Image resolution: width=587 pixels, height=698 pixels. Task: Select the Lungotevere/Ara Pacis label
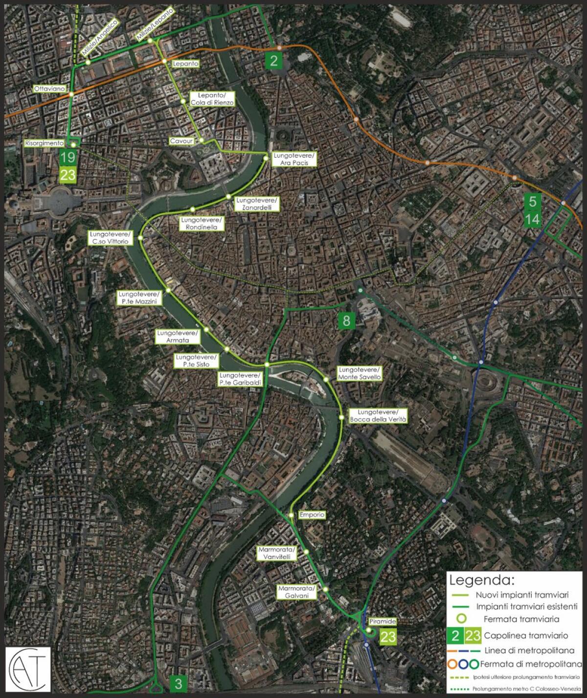[x=294, y=159]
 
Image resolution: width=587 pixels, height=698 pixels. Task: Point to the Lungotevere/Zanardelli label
[x=257, y=204]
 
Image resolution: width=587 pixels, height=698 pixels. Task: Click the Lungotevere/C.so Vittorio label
[x=110, y=238]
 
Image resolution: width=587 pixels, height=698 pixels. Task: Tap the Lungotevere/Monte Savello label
[x=360, y=373]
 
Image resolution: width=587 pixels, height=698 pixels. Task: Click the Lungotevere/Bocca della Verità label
[x=378, y=416]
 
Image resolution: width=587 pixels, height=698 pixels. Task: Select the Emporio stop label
[x=312, y=515]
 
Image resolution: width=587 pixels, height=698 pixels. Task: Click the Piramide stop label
[x=383, y=621]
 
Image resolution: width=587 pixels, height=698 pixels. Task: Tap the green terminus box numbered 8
[x=346, y=320]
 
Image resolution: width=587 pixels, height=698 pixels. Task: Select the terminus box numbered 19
[x=68, y=157]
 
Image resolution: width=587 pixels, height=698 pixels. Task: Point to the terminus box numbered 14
[x=532, y=219]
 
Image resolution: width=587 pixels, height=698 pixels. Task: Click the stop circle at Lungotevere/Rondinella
[x=193, y=209]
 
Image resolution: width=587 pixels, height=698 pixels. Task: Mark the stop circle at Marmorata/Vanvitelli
[x=306, y=552]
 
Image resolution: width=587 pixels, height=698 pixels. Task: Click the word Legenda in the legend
[x=482, y=581]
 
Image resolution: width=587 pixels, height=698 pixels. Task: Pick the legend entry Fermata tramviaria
[x=521, y=619]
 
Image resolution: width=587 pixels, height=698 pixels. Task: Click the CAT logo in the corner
[x=28, y=671]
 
